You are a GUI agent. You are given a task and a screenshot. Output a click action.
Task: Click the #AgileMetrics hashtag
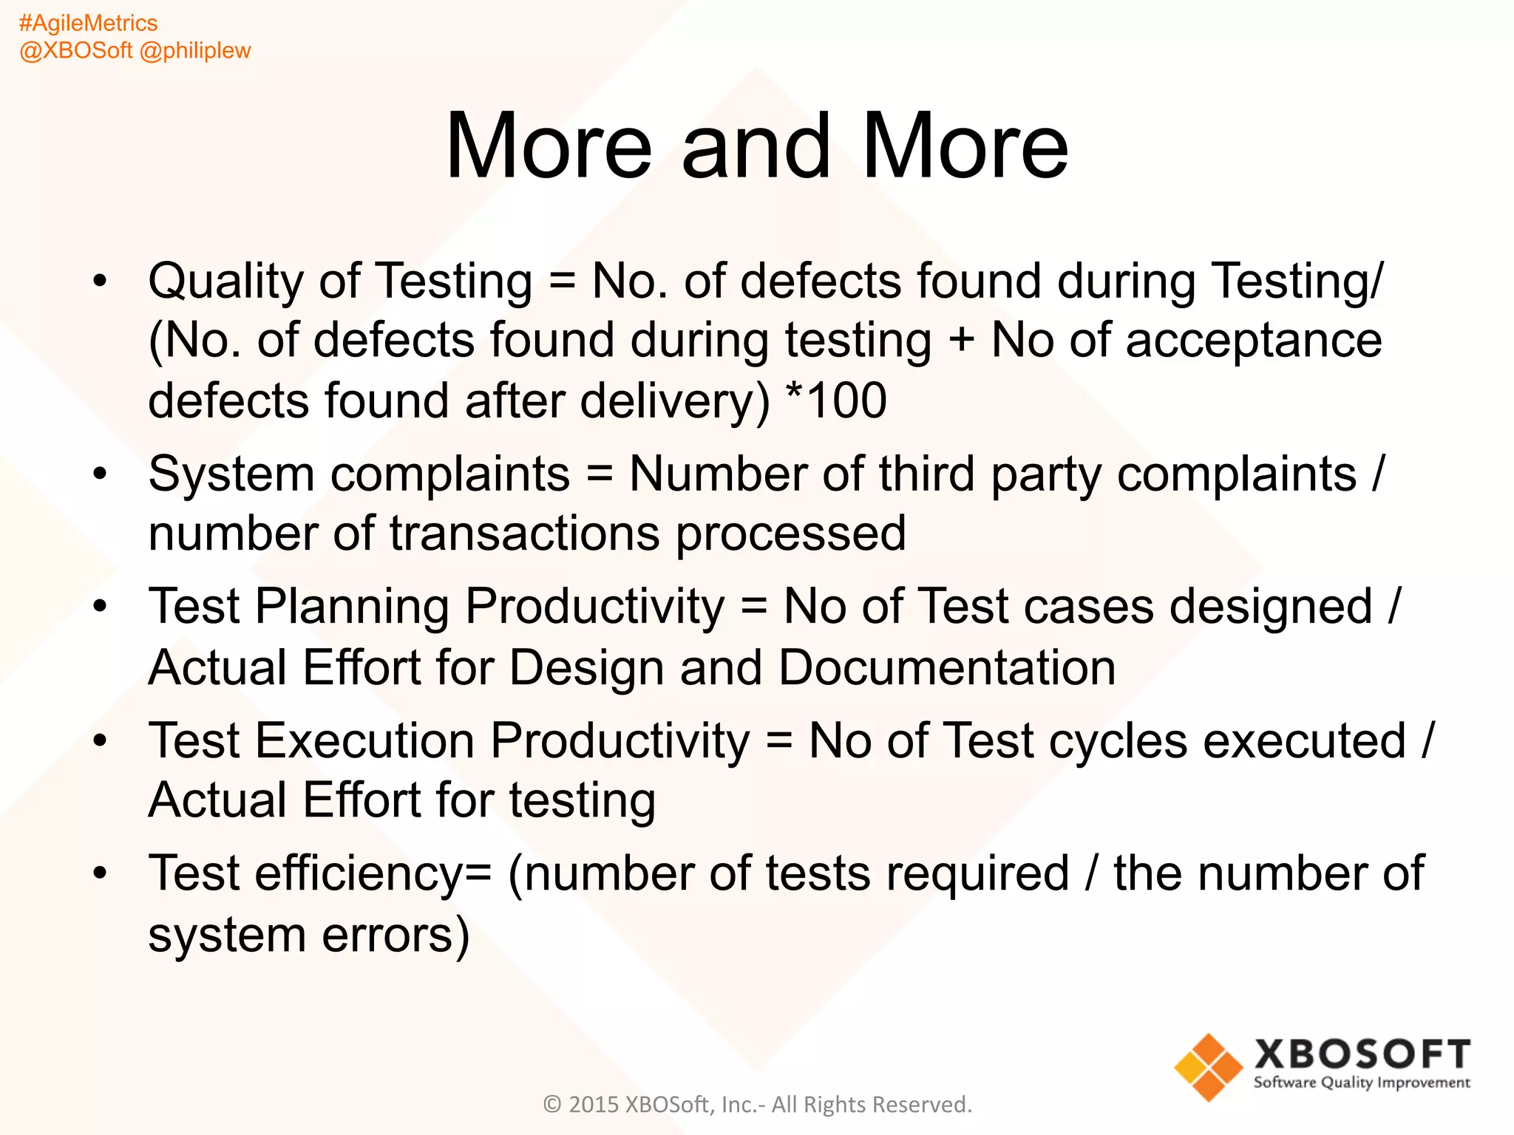pos(88,24)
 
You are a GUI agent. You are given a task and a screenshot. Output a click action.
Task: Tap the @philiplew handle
pos(195,50)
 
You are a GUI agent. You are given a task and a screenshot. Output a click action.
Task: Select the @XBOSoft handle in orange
pos(76,50)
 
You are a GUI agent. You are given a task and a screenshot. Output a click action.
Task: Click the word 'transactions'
pos(525,534)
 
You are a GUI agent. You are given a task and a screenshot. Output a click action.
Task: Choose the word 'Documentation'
pos(947,668)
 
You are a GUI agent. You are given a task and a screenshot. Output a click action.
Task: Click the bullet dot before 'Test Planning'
pos(101,607)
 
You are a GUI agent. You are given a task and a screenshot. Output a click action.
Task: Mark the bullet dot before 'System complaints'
pos(101,473)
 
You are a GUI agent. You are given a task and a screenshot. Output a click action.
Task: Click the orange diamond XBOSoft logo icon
pos(1209,1067)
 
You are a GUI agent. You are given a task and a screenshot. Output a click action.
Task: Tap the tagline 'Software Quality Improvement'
pos(1362,1083)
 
